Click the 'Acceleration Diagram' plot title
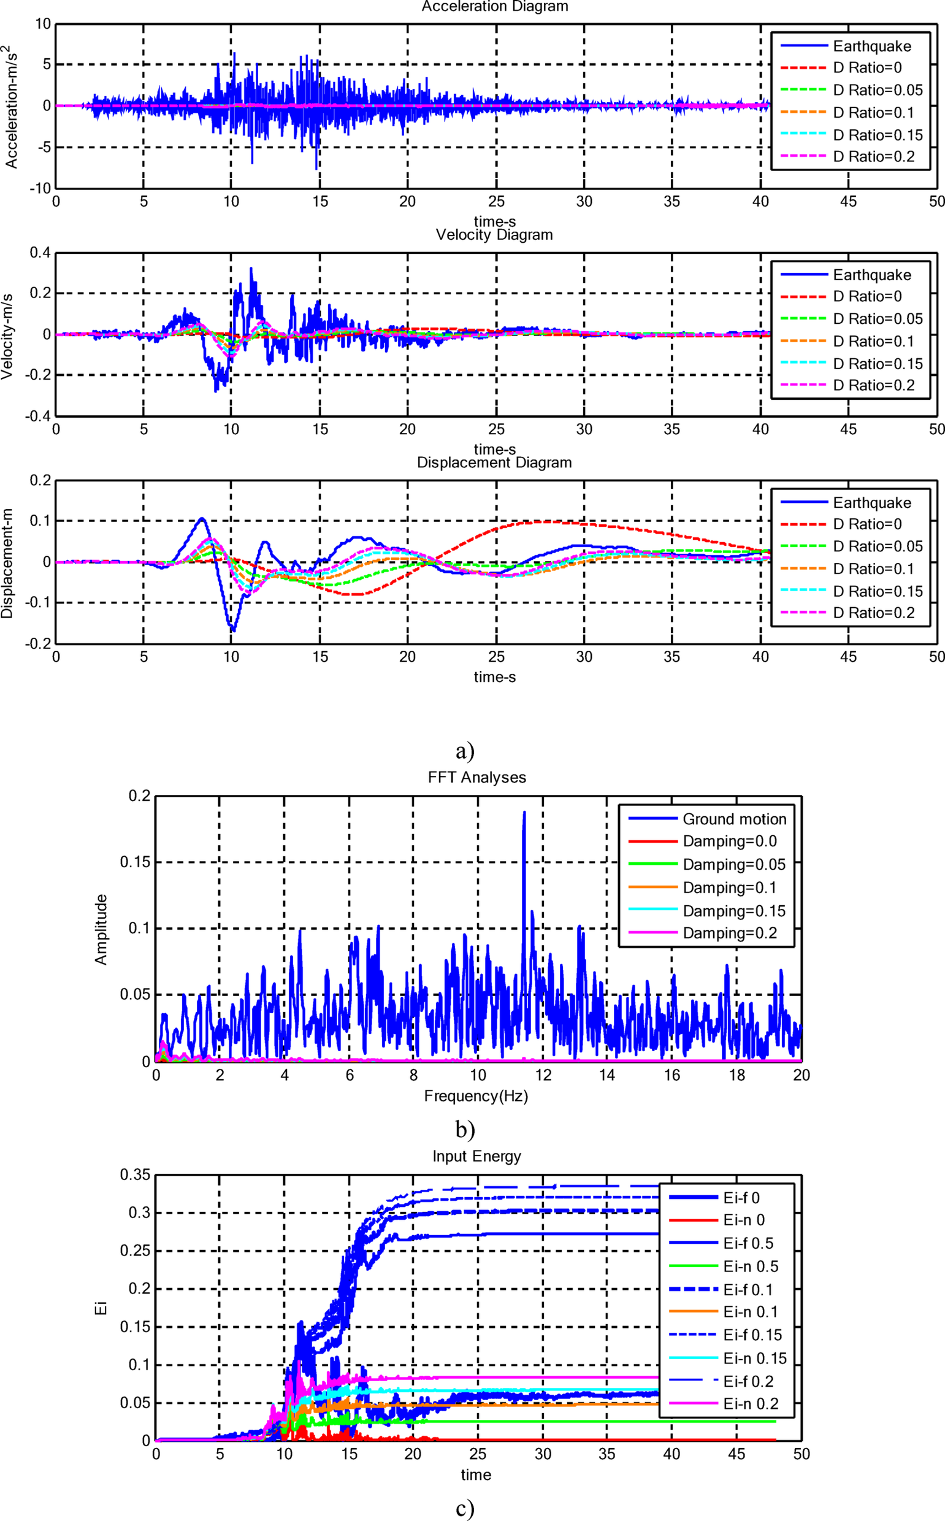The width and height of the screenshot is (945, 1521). [494, 7]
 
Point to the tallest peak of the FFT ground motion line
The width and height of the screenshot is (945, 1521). [524, 813]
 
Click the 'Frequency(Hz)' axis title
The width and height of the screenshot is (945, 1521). [476, 1096]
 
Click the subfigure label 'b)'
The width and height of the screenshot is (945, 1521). [465, 1129]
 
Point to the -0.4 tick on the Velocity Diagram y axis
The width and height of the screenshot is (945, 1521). [39, 416]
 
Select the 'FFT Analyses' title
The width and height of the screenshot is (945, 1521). [477, 778]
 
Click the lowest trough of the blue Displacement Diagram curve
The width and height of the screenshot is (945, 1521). [232, 630]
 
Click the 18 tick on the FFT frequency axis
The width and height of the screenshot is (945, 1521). [737, 1075]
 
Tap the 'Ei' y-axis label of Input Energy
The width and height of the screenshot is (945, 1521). [101, 1308]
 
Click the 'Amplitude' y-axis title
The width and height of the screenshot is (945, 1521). [101, 929]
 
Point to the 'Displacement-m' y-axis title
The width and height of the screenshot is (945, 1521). [7, 563]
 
